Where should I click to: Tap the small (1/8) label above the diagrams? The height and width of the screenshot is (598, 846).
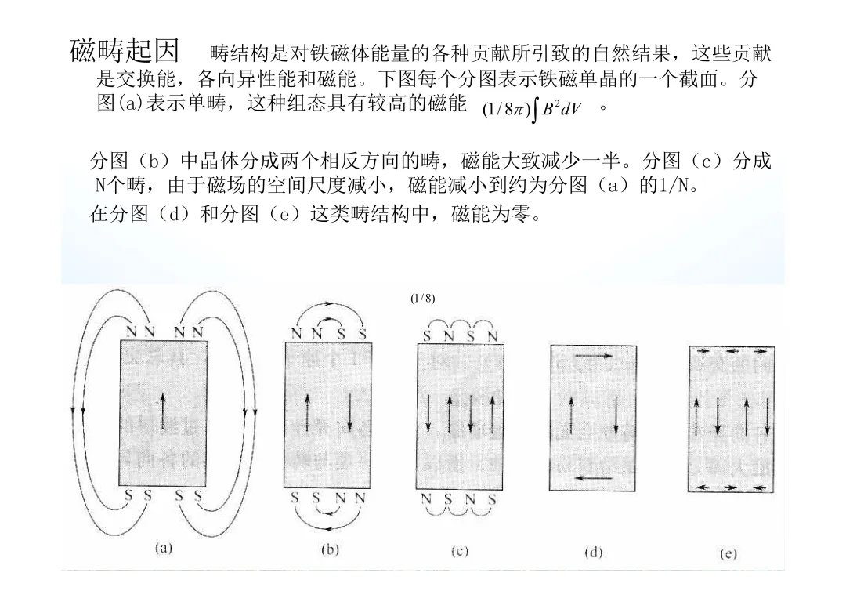[422, 299]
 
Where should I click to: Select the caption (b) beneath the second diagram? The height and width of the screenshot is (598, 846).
[331, 549]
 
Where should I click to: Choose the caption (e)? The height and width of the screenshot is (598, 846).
[728, 553]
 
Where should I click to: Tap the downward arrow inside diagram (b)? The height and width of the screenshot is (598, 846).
[349, 412]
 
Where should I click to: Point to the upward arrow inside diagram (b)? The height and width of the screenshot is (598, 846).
[309, 412]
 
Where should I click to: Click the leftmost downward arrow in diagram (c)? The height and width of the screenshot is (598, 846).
[428, 412]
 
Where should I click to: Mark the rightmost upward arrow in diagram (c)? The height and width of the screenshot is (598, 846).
[491, 412]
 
